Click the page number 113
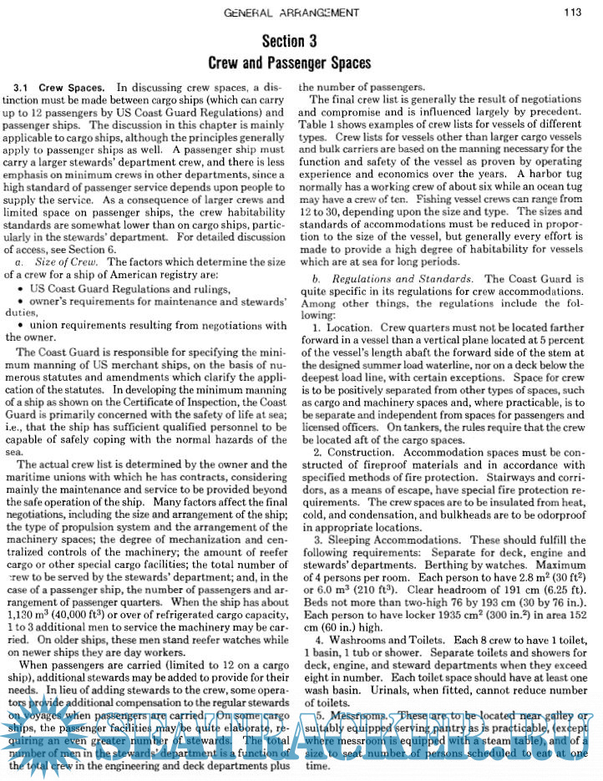tap(572, 12)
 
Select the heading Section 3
tap(289, 41)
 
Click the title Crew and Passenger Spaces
tap(289, 63)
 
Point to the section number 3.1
tap(22, 87)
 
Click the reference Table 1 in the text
tap(317, 124)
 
